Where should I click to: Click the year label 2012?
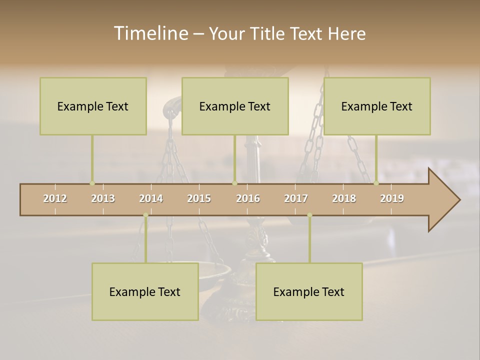click(55, 198)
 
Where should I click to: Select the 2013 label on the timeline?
click(103, 198)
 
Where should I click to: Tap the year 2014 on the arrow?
click(151, 198)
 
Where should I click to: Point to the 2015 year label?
click(199, 198)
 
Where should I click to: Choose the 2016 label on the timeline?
click(248, 198)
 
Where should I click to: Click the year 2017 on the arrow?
click(296, 198)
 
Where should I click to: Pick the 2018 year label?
click(344, 198)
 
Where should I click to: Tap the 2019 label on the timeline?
click(392, 198)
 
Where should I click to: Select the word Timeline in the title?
click(150, 33)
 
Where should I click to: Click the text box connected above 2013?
click(93, 106)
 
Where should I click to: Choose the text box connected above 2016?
click(235, 106)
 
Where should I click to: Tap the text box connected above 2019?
click(377, 106)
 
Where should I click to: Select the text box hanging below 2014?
click(145, 291)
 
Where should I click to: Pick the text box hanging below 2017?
click(309, 291)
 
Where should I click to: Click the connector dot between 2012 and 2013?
click(92, 183)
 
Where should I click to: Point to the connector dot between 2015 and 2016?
click(234, 183)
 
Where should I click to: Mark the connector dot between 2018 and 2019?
click(376, 183)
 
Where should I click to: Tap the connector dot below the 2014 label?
click(145, 215)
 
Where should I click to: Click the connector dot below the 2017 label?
click(309, 215)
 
